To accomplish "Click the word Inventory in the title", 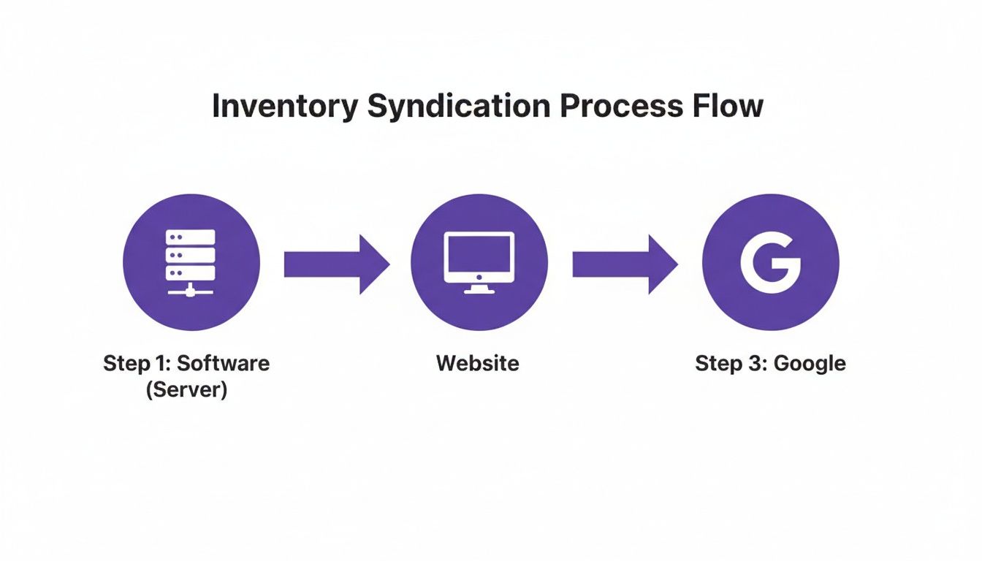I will click(x=284, y=107).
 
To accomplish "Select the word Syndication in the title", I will click(x=457, y=107).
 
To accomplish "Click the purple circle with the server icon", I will click(x=191, y=263).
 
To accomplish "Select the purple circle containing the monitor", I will click(x=479, y=263).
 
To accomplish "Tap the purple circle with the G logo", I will click(x=770, y=263).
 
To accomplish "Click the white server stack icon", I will click(x=191, y=254).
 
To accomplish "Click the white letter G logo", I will click(x=770, y=262).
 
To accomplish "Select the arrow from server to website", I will click(x=336, y=264).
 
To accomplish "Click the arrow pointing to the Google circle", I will click(x=625, y=264).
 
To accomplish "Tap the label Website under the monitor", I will click(x=478, y=363).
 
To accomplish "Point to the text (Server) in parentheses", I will click(x=186, y=389).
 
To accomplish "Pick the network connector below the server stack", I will click(x=191, y=290).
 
